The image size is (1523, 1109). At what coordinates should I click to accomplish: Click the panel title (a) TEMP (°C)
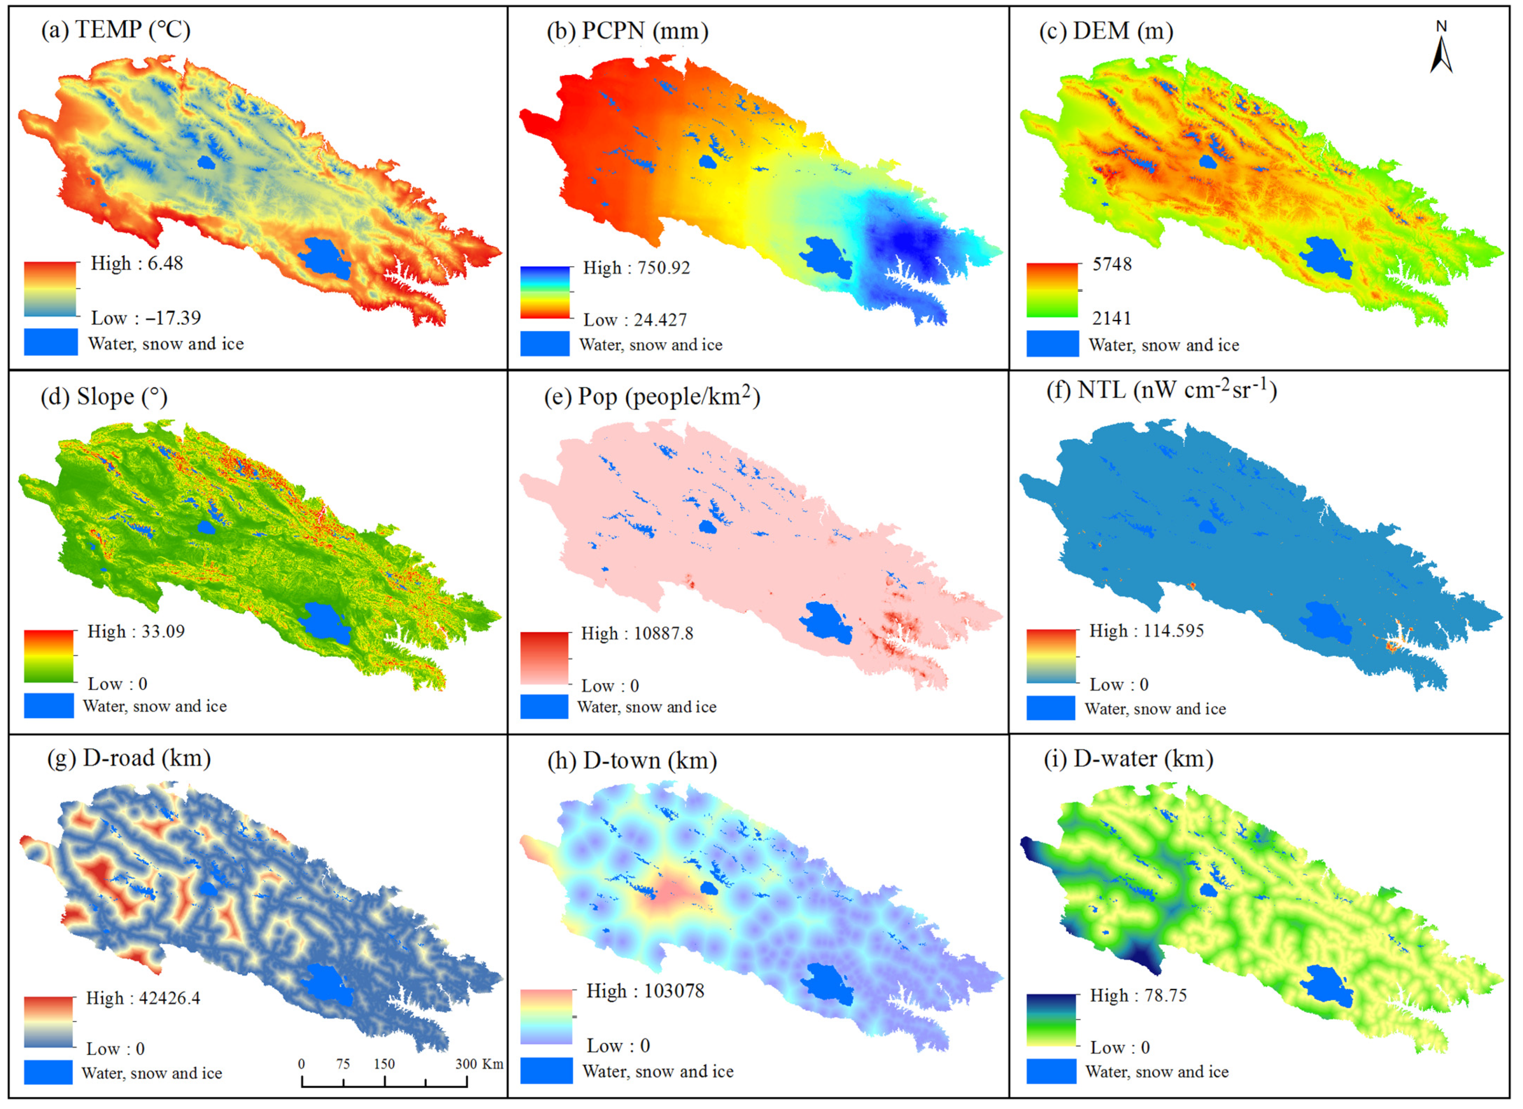[x=115, y=30]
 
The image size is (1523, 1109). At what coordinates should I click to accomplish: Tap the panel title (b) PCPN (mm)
[x=627, y=31]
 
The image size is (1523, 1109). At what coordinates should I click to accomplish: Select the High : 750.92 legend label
[x=636, y=268]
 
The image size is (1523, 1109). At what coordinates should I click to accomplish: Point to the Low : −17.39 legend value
[x=146, y=318]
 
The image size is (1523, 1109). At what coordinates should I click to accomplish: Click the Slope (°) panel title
[x=104, y=397]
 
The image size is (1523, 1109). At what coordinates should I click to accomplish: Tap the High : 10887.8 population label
[x=636, y=633]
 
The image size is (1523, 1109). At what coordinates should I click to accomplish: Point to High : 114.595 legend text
[x=1146, y=631]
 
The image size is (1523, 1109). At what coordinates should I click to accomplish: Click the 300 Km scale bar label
[x=479, y=1064]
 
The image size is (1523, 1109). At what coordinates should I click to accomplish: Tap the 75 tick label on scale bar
[x=343, y=1064]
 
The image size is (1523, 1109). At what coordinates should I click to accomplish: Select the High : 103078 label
[x=645, y=991]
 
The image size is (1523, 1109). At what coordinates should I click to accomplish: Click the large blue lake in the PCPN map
[x=825, y=257]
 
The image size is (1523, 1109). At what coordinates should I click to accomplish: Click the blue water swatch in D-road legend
[x=49, y=1072]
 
